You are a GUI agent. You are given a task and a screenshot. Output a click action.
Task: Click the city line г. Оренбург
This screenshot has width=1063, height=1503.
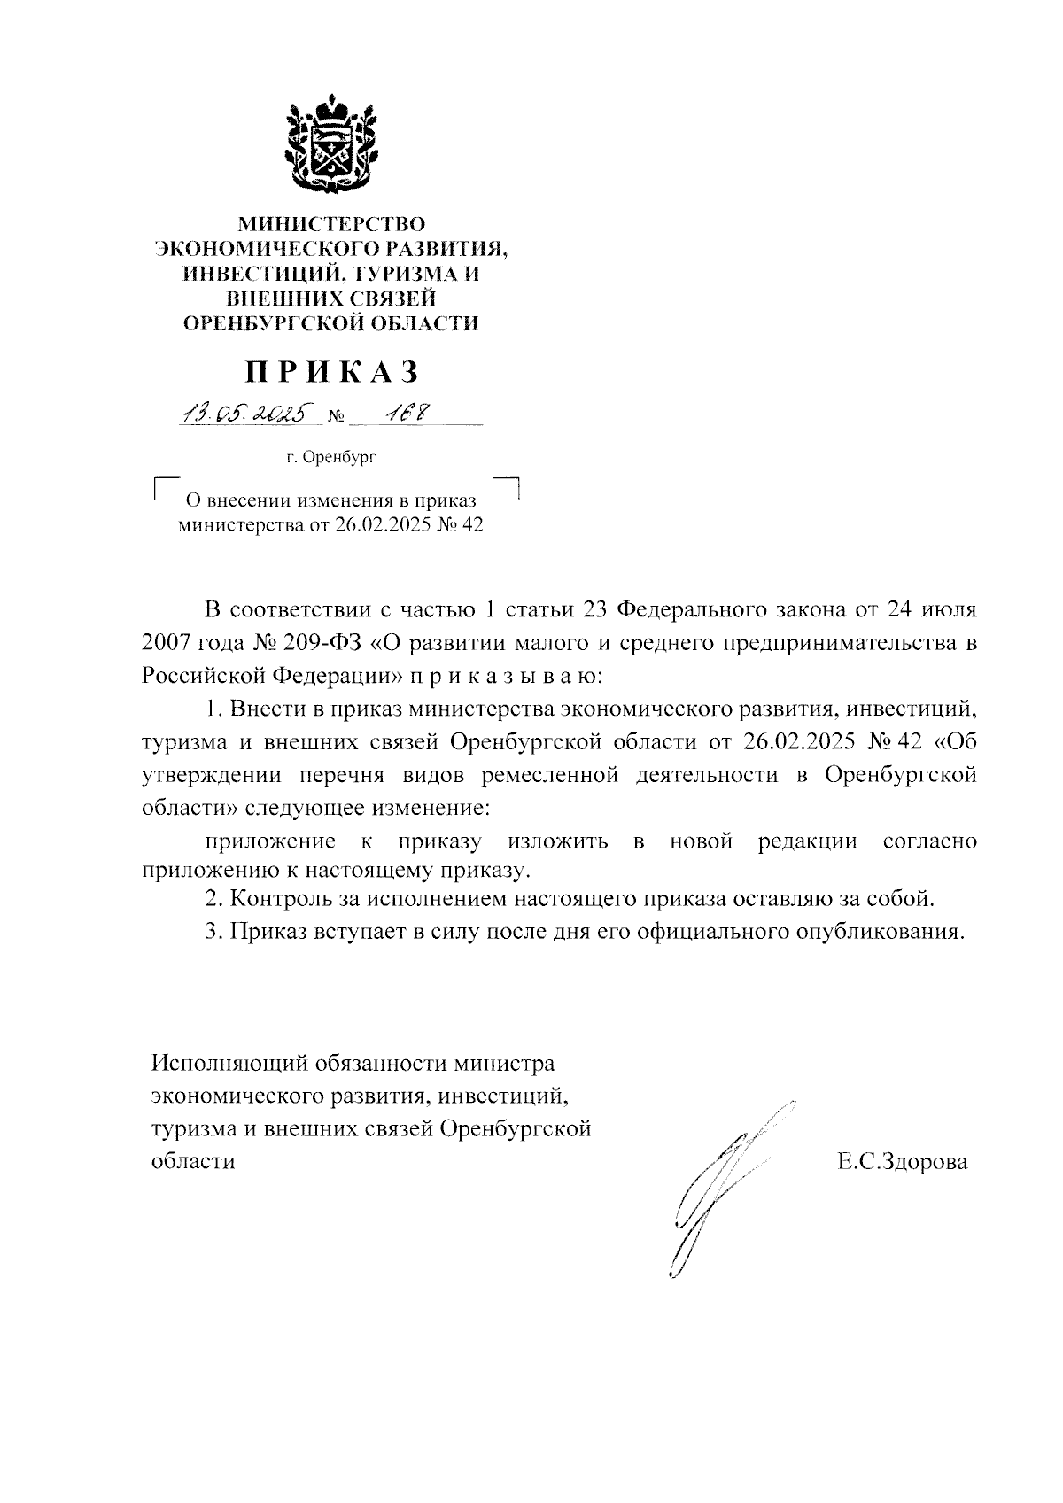pyautogui.click(x=331, y=458)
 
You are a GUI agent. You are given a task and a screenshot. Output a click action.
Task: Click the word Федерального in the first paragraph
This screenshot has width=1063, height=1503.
pyautogui.click(x=691, y=611)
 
